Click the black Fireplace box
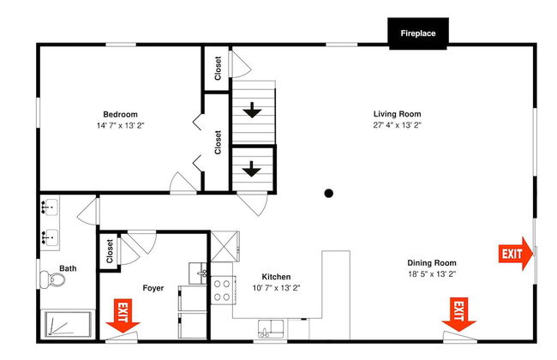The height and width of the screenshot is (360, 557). (418, 33)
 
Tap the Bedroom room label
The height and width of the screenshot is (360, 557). (121, 115)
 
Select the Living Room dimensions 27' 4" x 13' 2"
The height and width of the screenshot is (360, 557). (397, 125)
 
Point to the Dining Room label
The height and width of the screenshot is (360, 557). (432, 263)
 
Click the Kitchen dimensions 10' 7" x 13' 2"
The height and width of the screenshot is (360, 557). (277, 288)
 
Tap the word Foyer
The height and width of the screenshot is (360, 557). (153, 288)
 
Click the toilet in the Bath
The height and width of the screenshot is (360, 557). (52, 279)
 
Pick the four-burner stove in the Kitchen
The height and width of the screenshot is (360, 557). (223, 290)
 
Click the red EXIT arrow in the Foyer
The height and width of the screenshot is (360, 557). (123, 315)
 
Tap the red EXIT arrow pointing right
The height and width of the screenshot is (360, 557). (515, 254)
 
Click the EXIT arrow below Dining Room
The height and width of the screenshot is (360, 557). (458, 315)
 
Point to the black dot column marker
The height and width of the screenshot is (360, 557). (328, 194)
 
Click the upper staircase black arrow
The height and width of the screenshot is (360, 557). (252, 111)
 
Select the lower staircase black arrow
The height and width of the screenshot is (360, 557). (252, 169)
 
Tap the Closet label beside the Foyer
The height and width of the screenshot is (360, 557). (110, 251)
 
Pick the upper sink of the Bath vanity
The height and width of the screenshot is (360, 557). (50, 207)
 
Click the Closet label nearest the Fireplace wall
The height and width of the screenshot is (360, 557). (218, 69)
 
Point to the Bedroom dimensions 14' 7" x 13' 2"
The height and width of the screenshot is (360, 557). (121, 125)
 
